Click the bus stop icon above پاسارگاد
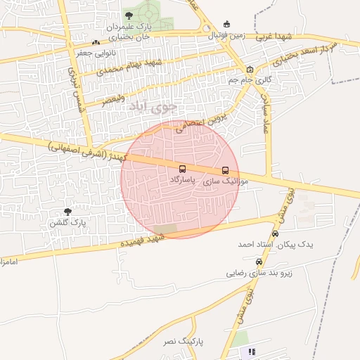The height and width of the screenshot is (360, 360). (183, 169)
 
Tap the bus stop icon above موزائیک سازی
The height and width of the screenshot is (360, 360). (225, 170)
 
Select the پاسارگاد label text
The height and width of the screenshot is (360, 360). (183, 180)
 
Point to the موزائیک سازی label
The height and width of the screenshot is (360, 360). (221, 181)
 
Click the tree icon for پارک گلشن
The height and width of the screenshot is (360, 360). (68, 212)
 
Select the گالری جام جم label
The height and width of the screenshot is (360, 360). (249, 80)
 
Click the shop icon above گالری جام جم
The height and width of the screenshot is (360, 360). (250, 70)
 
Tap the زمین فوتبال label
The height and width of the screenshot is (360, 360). (226, 34)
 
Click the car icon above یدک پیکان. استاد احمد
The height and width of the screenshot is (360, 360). (275, 233)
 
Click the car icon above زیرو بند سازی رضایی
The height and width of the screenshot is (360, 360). (258, 262)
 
